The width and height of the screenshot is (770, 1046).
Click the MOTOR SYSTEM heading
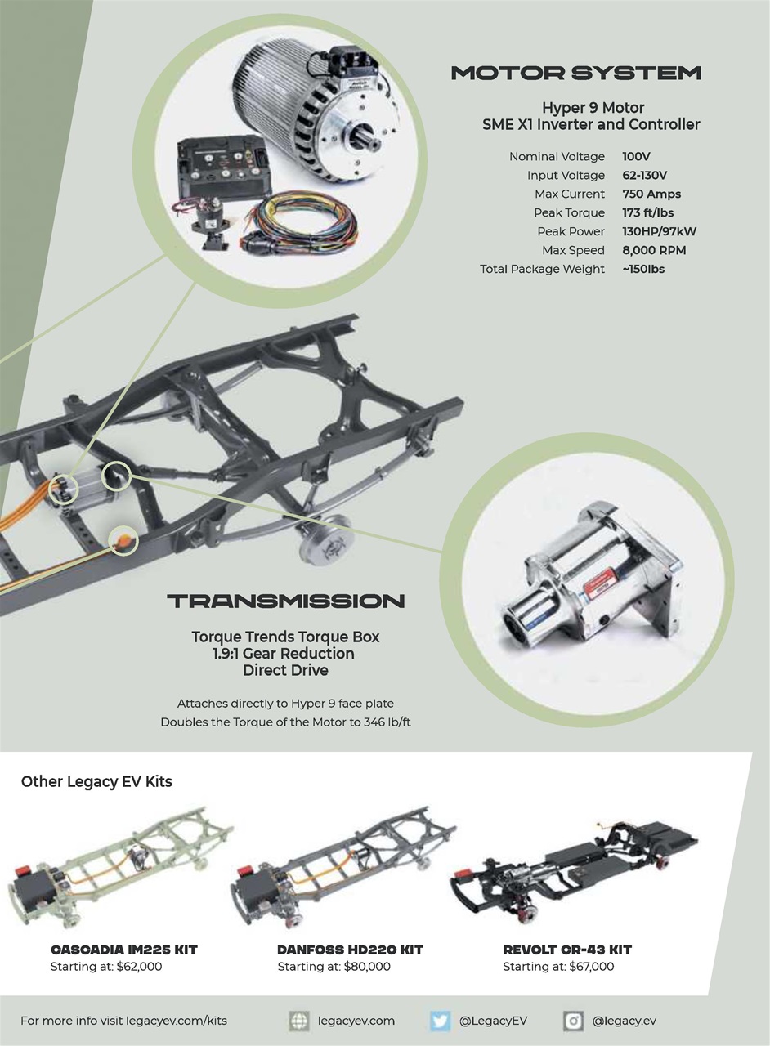(x=576, y=74)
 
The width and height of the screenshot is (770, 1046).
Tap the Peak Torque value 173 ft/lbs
(x=648, y=213)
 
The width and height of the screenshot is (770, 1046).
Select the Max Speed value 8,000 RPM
(x=654, y=251)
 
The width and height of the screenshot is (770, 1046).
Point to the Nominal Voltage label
(x=557, y=157)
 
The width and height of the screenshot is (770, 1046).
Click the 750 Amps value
(x=651, y=194)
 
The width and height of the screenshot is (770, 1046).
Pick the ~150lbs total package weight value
(x=643, y=270)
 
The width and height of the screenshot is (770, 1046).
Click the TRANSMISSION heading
(x=286, y=602)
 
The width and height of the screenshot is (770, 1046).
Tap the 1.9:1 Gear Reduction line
(x=285, y=654)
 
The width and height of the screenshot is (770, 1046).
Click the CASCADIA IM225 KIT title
(x=124, y=950)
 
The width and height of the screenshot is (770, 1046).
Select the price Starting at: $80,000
(x=334, y=968)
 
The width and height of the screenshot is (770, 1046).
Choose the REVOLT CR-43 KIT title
(x=567, y=950)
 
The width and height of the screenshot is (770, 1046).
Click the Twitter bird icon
(x=441, y=1021)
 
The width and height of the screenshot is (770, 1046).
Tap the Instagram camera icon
(x=574, y=1021)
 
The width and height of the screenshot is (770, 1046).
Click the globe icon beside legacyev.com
(x=299, y=1021)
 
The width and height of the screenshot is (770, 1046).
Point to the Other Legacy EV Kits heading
(x=96, y=782)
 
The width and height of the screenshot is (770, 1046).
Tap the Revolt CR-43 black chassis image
(x=576, y=870)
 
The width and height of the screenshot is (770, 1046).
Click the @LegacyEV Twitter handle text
(x=493, y=1021)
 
